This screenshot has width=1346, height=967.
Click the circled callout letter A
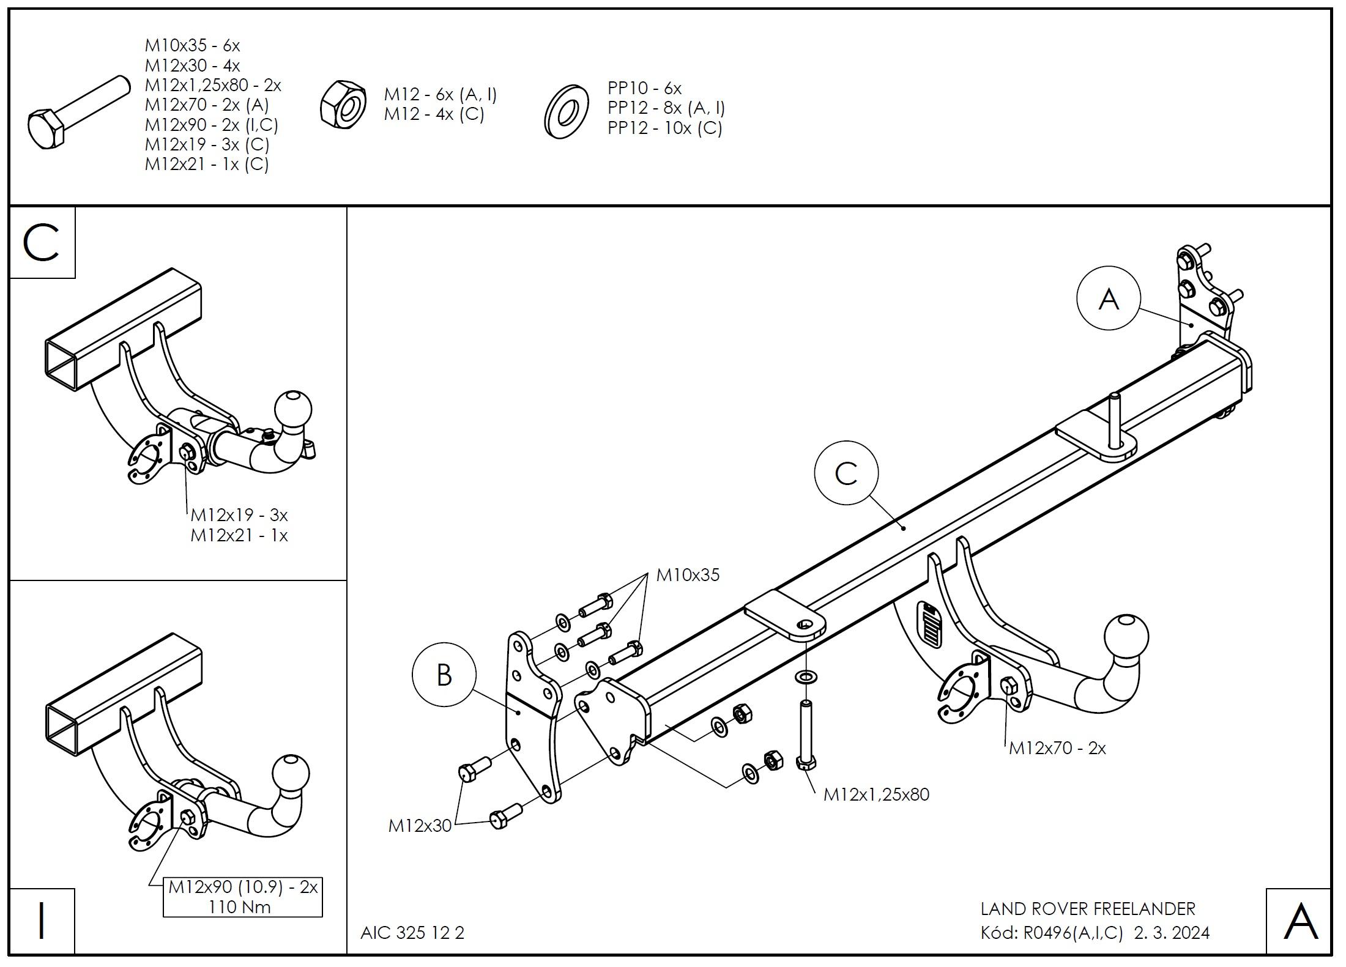coord(1108,299)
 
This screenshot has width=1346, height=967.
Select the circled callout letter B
coord(444,675)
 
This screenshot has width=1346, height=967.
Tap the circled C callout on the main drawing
coord(846,473)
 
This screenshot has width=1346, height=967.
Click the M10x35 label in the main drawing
coord(688,575)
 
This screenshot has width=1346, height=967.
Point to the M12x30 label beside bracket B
coord(420,826)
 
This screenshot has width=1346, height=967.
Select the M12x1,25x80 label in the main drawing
coord(876,795)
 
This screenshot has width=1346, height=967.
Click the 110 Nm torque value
coord(239,906)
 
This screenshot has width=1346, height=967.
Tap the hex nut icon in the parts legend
coord(343,105)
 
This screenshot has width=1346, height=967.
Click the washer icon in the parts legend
coord(566,111)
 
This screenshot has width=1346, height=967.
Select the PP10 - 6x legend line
coord(644,88)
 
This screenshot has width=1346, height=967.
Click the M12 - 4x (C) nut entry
coord(434,114)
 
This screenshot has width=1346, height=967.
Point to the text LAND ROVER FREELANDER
coord(1088,909)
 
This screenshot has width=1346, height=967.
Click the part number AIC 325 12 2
coord(412,933)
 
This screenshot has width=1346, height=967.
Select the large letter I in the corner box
coord(42,921)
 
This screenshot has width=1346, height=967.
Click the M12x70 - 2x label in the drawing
coord(1057,748)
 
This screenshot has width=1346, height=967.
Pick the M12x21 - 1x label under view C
coord(239,536)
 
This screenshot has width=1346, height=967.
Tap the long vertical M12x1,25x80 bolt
coord(806,734)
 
